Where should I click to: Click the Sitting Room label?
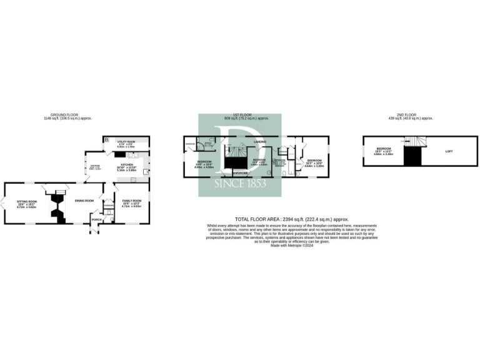click(27, 201)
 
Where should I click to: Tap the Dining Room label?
click(84, 201)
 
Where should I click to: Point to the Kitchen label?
click(127, 165)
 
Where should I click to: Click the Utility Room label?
click(126, 142)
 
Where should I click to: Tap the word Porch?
click(96, 219)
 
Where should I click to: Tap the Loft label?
click(449, 151)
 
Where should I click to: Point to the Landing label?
click(261, 142)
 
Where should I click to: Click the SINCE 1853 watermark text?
click(240, 184)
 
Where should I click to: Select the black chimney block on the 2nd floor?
click(412, 157)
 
